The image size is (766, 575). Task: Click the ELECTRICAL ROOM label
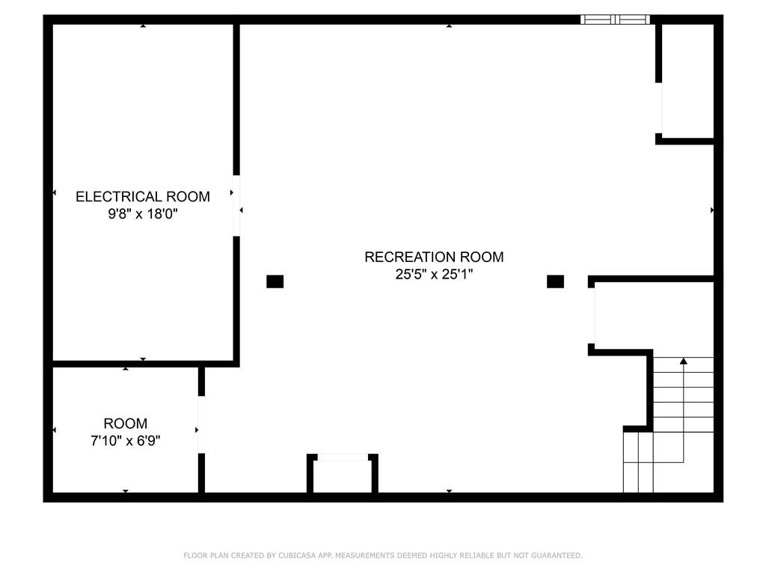coord(143,197)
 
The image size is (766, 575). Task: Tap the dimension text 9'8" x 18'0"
coord(143,213)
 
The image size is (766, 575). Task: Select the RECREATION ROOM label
coord(434,258)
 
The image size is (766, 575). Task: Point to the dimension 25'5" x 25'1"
coord(434,274)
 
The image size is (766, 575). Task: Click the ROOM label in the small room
coord(126,424)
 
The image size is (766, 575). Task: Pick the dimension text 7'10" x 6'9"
coord(126,440)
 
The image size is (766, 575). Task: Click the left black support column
coord(275,282)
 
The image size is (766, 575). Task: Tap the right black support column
coord(556,282)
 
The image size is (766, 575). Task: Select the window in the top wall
coord(615,19)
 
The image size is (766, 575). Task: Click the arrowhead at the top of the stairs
coord(684,361)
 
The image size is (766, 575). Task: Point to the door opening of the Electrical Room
coord(236,206)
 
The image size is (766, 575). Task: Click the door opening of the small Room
coord(201,425)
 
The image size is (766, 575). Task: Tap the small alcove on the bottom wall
coord(343,474)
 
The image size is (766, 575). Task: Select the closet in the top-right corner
coord(686,82)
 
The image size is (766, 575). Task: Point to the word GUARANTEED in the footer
coord(557,556)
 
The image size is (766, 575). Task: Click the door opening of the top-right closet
coord(658,108)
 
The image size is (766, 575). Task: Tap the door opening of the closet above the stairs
coord(591,316)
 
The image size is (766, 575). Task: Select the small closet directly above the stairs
coord(652,316)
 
